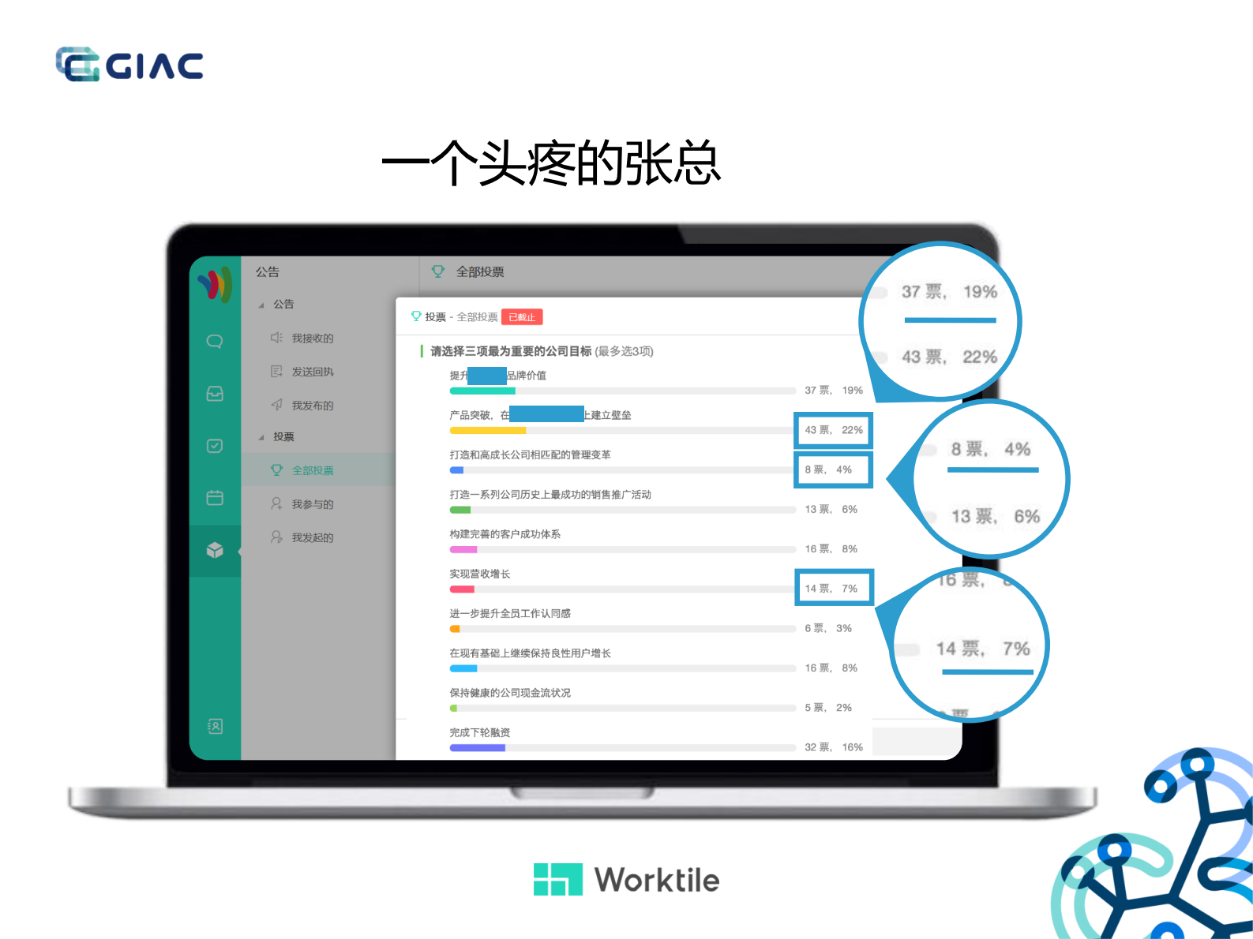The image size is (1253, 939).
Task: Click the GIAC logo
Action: click(x=129, y=65)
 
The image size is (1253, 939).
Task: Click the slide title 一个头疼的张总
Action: click(x=551, y=163)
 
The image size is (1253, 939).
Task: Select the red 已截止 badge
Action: click(x=522, y=317)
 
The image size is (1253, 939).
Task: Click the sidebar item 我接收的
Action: click(x=312, y=339)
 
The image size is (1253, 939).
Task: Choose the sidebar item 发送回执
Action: click(x=312, y=372)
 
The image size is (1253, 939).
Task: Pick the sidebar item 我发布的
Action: click(x=312, y=406)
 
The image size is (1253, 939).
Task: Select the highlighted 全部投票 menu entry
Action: click(x=312, y=470)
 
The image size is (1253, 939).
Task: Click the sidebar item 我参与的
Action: click(x=312, y=504)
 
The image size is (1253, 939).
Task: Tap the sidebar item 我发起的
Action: click(x=312, y=537)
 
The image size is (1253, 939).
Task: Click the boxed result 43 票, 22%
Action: click(x=833, y=430)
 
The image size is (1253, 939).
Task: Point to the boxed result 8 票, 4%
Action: click(x=833, y=469)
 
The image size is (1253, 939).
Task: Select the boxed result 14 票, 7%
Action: click(x=833, y=589)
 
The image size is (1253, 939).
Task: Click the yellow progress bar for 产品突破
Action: click(x=488, y=431)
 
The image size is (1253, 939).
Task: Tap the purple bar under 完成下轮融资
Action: click(x=478, y=748)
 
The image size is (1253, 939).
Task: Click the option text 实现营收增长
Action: click(x=480, y=574)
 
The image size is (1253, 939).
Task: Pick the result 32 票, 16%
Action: click(x=833, y=747)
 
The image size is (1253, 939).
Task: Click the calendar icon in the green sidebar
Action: click(x=215, y=498)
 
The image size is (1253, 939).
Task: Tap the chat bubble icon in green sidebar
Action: click(x=215, y=342)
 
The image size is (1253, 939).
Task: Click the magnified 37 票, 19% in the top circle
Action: click(x=949, y=292)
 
